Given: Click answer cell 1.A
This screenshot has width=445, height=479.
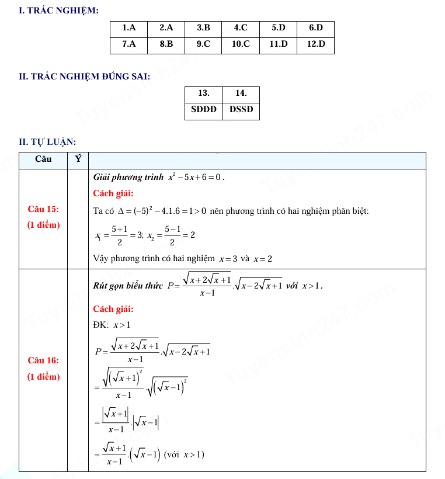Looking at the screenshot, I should click(128, 27).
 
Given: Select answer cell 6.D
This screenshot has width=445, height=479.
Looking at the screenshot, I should click(315, 27).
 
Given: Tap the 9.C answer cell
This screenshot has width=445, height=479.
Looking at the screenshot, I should click(203, 44).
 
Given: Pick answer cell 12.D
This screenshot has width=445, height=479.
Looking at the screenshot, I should click(315, 44).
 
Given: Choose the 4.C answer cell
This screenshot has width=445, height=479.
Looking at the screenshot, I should click(241, 27).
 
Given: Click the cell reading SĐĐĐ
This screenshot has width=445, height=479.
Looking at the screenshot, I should click(203, 109).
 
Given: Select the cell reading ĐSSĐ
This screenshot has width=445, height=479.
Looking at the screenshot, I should click(241, 109).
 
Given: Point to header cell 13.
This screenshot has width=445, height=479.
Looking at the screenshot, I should click(203, 93).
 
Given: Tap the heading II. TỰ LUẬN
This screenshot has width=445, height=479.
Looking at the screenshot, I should click(47, 141).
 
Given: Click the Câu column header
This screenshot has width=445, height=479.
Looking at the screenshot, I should click(43, 159).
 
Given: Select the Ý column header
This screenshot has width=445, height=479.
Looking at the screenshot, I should click(78, 159).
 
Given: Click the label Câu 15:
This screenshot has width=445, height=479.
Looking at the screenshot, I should click(43, 209).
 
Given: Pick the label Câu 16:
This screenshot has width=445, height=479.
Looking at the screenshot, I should click(43, 360).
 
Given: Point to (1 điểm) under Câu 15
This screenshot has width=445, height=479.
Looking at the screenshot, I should click(43, 225).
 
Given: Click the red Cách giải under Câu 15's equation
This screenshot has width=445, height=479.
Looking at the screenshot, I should click(113, 193).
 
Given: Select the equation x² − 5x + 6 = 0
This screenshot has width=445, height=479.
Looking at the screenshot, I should click(196, 176).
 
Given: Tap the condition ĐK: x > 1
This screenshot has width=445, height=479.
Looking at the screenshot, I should click(113, 325).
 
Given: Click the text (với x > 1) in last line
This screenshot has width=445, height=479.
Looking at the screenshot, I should click(185, 454).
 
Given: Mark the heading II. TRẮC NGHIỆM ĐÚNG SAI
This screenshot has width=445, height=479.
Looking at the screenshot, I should click(85, 76).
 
